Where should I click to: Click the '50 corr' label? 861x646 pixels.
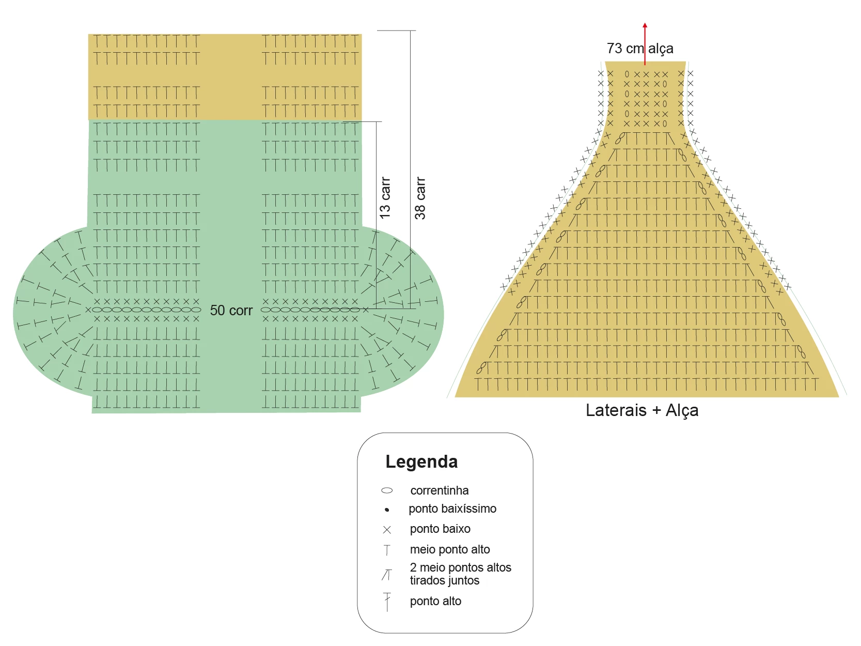(x=231, y=310)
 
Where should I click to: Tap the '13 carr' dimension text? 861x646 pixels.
(x=385, y=198)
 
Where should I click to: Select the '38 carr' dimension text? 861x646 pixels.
(x=420, y=198)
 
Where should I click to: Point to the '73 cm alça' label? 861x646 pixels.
(x=640, y=48)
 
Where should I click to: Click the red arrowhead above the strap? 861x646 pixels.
(x=645, y=26)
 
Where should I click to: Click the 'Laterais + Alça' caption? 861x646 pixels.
(x=642, y=410)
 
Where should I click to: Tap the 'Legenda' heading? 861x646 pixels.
(x=421, y=462)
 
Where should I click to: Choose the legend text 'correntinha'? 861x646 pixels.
(x=440, y=490)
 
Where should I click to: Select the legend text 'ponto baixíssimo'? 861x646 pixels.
(x=452, y=509)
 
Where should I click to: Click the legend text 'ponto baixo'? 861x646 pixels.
(x=440, y=529)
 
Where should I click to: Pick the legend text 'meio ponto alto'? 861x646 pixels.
(x=450, y=549)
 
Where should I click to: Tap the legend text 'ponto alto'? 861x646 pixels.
(x=435, y=601)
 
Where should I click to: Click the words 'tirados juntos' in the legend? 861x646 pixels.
(x=444, y=580)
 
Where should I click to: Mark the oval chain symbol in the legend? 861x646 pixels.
(x=387, y=490)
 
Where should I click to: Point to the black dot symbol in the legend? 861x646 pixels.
(x=387, y=510)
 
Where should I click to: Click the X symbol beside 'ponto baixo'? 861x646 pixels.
(x=387, y=530)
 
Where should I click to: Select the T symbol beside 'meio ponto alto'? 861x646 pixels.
(x=387, y=550)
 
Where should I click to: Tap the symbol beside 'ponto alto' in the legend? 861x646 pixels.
(x=387, y=602)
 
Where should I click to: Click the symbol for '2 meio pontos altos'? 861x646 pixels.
(x=387, y=575)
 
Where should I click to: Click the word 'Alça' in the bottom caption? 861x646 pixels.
(x=682, y=410)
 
